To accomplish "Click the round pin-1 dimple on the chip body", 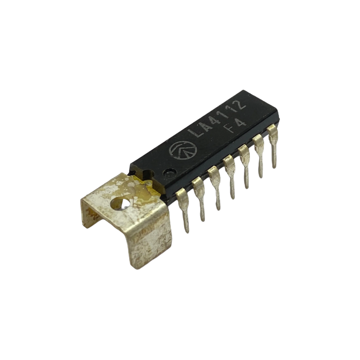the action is [x=169, y=172].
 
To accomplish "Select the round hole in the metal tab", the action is [x=120, y=203].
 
